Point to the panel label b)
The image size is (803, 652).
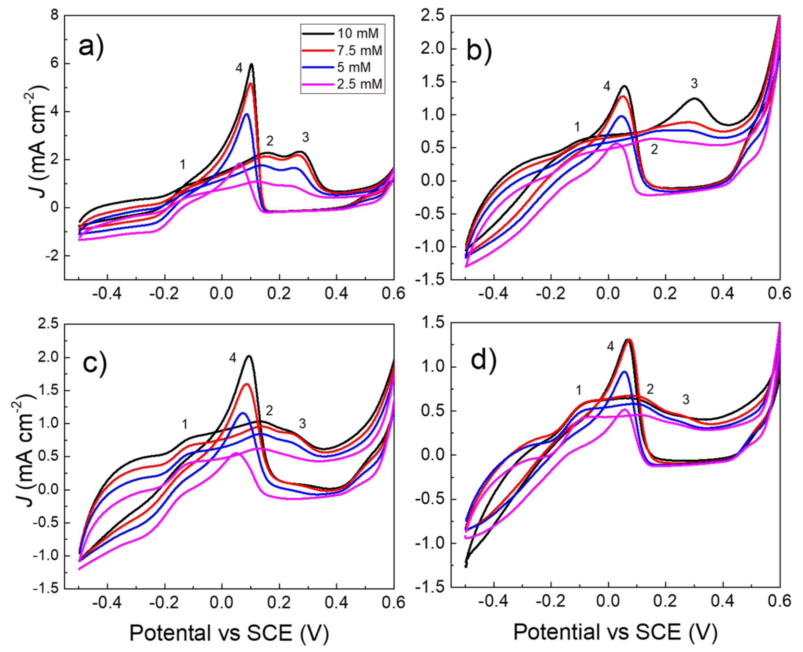(x=479, y=51)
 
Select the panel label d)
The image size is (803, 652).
(x=483, y=360)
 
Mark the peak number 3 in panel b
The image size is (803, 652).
(x=694, y=83)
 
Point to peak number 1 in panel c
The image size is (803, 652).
(x=184, y=424)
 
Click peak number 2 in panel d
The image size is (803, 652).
(x=650, y=389)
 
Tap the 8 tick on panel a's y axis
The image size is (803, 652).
(x=55, y=15)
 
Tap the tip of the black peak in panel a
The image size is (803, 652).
(x=251, y=64)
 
